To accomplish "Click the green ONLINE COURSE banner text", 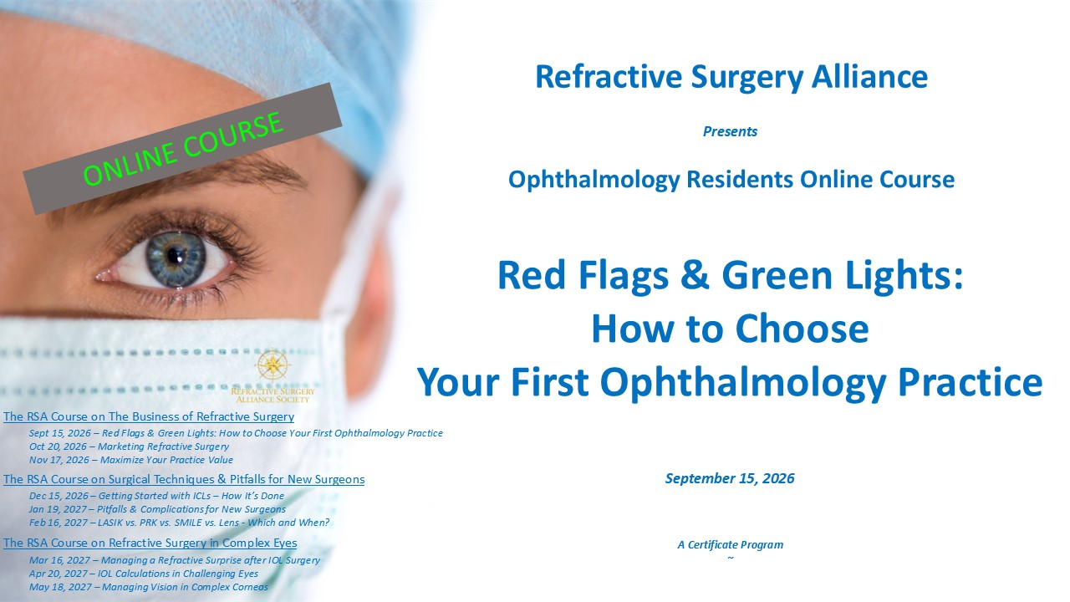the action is coord(183,149).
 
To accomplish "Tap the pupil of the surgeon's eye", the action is coord(174,257).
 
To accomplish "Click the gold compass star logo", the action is coord(273,365).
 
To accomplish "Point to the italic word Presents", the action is coord(730,131).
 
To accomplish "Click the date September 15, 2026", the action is coord(730,478).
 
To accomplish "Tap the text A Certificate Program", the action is coord(731,544).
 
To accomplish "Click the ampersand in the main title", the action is coord(695,275).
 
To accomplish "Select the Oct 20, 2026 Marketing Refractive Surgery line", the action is coord(129,446).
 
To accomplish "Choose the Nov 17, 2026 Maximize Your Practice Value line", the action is coord(131,460).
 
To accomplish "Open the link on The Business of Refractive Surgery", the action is coord(149,416).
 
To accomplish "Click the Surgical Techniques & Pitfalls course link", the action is coord(184,479).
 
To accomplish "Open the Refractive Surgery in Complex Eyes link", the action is coord(150,543).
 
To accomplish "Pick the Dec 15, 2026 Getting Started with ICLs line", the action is coord(156,496).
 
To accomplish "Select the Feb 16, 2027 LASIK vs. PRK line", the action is coord(179,523).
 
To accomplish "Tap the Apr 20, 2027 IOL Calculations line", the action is coord(143,574).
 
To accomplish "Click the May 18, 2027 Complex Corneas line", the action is coord(149,587).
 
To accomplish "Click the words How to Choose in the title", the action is coord(730,329).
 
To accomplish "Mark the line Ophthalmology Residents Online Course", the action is coord(731,180).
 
